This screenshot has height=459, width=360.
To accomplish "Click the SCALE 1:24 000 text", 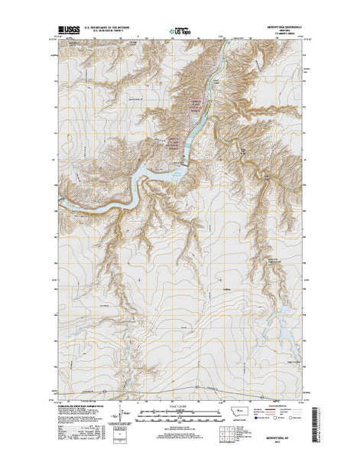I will click(180, 405).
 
